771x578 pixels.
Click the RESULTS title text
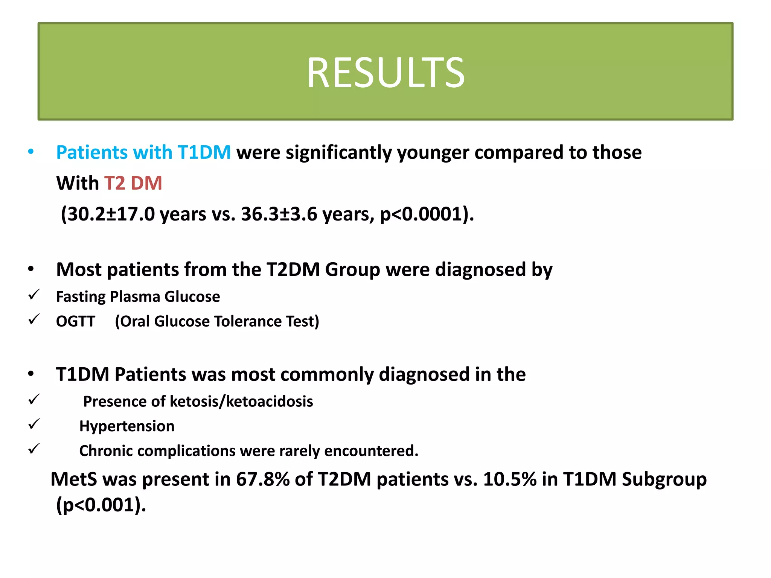pos(385,73)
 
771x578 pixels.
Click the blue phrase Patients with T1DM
pos(143,152)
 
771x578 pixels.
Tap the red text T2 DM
pos(133,183)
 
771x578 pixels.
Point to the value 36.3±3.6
pos(279,214)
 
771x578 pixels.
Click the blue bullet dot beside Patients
pos(31,152)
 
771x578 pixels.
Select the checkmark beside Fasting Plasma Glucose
pos(34,295)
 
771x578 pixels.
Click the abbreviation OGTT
pos(76,321)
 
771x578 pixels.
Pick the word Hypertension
pos(127,426)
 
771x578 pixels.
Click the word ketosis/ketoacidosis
pos(241,402)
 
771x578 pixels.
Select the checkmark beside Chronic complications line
pos(34,449)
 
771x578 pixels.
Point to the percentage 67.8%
pos(262,479)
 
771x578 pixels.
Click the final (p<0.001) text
pos(101,505)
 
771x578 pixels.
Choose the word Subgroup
pos(664,479)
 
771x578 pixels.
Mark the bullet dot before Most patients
pos(31,269)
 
